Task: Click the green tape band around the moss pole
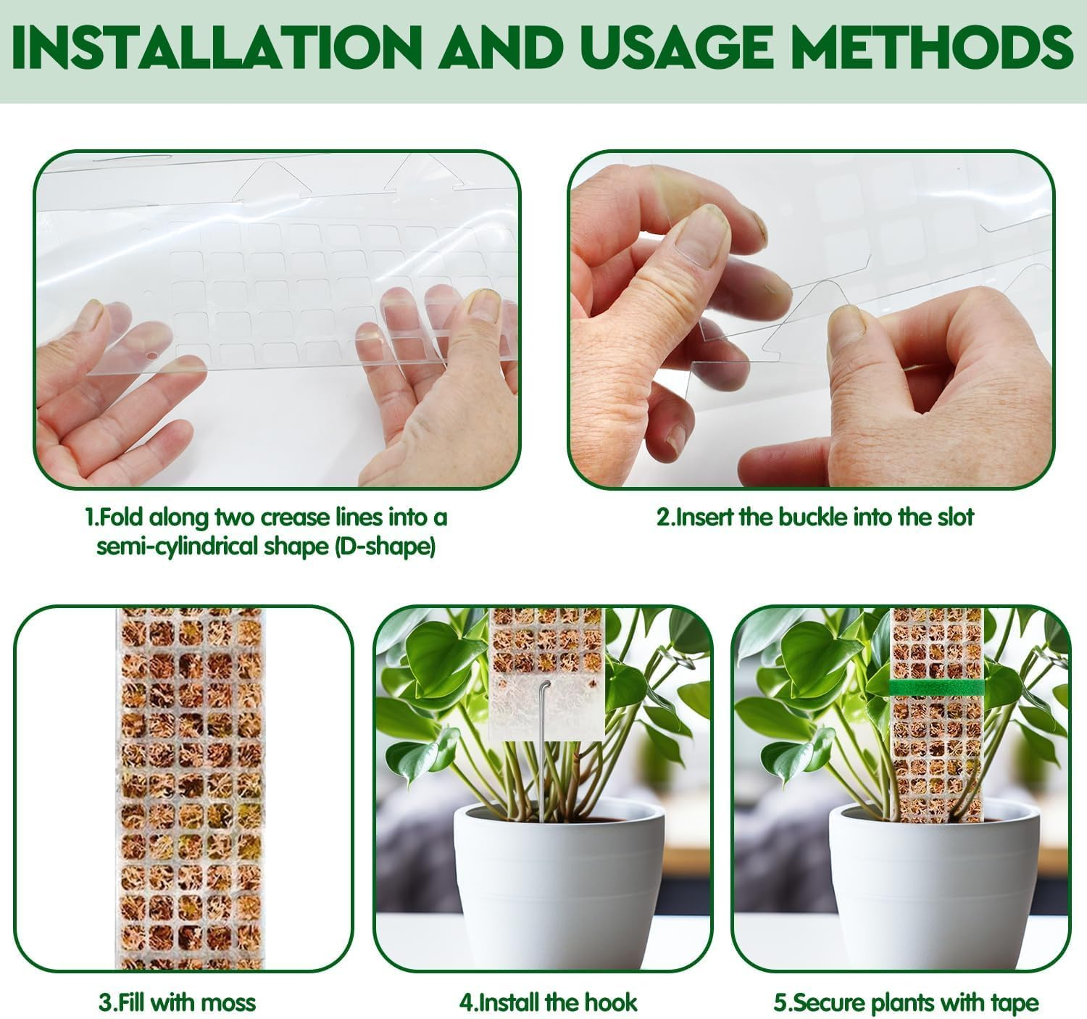point(936,686)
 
